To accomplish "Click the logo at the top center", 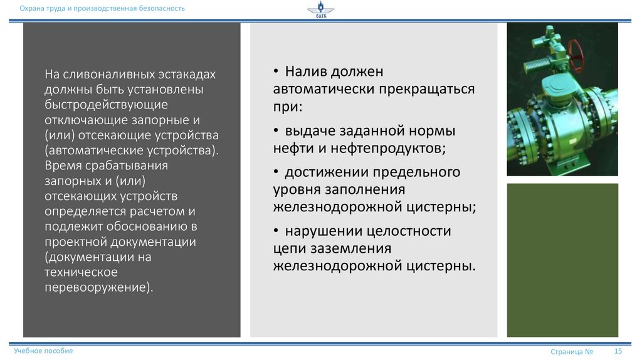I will tap(320, 11).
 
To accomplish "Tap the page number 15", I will tap(618, 351).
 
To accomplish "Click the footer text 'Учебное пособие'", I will tap(43, 351).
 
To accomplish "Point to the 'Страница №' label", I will tap(572, 352).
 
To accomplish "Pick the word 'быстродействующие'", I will tap(105, 105).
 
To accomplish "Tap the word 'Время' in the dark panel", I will tap(63, 166).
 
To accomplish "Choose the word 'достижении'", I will tap(319, 172).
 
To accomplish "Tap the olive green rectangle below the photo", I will tap(562, 260).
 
